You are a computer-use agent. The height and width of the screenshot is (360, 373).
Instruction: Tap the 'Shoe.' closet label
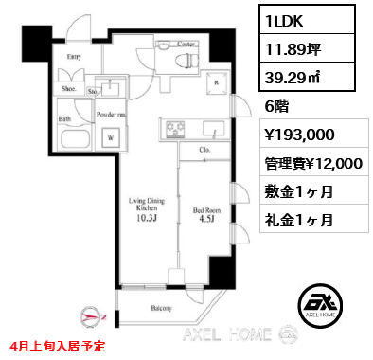[68, 89]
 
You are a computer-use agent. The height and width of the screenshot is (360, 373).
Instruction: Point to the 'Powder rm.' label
[112, 114]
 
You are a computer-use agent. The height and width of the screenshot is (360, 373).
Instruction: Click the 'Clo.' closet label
[204, 149]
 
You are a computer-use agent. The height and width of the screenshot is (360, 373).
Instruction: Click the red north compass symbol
[93, 316]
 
